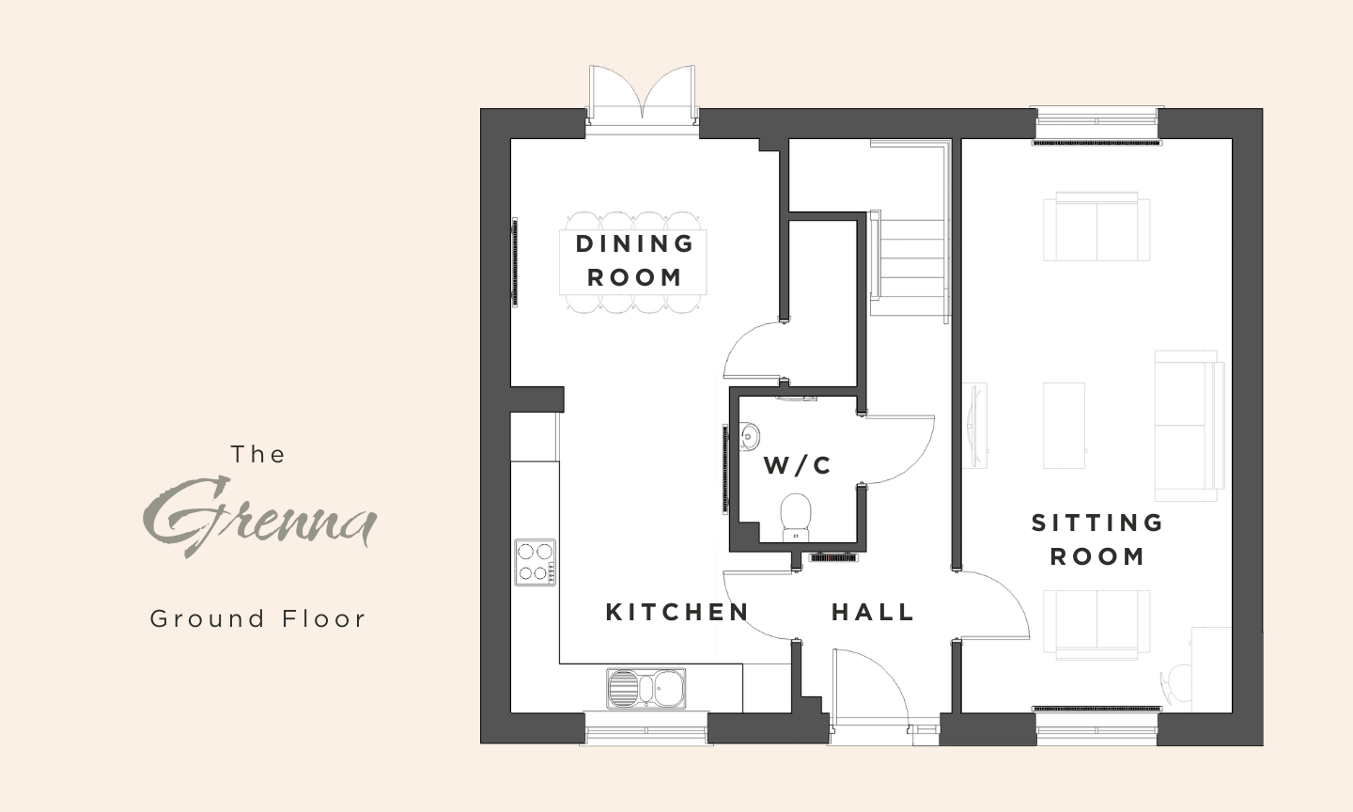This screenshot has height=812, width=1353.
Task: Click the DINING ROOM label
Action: pyautogui.click(x=634, y=260)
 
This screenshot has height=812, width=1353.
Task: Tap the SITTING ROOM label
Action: pyautogui.click(x=1096, y=539)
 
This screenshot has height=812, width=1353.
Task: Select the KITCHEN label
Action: pyautogui.click(x=677, y=612)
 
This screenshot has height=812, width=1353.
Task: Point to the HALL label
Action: pyautogui.click(x=873, y=612)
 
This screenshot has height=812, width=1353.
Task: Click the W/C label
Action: pyautogui.click(x=798, y=465)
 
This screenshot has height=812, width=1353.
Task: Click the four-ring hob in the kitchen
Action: pyautogui.click(x=536, y=562)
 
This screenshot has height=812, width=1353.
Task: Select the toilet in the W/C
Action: pyautogui.click(x=796, y=518)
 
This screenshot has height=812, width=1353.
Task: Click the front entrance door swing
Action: pyautogui.click(x=870, y=689)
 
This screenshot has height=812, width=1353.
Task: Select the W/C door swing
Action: pyautogui.click(x=900, y=449)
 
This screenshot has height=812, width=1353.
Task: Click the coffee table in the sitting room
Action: pyautogui.click(x=1064, y=426)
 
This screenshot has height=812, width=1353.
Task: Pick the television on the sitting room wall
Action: pyautogui.click(x=973, y=426)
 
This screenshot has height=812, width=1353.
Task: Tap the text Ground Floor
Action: pyautogui.click(x=257, y=619)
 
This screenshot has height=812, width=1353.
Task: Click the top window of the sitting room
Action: pyautogui.click(x=1097, y=122)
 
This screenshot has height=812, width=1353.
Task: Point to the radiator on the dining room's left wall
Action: pyautogui.click(x=515, y=262)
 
